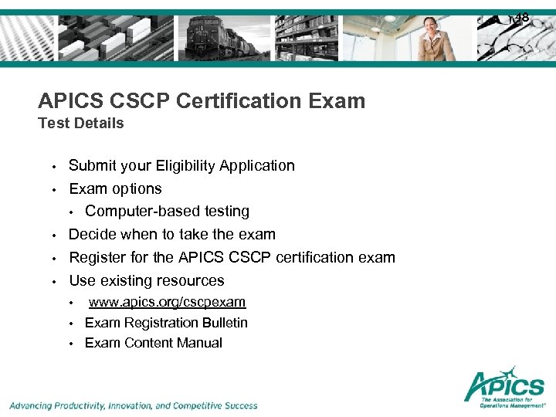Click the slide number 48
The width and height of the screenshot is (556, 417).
pos(522,17)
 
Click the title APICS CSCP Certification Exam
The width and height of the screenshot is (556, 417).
pos(202,100)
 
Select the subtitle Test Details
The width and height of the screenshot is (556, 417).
pos(81,123)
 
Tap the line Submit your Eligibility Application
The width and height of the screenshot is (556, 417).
pos(181,165)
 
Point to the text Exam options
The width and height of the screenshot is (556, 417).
pos(115,188)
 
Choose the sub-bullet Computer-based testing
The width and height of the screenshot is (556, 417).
pos(167,211)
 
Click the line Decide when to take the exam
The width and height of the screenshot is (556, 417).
pos(171,234)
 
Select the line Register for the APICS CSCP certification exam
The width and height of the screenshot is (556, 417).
pos(232,257)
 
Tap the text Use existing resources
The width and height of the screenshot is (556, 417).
pos(147,280)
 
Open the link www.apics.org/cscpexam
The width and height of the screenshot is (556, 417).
pos(167,302)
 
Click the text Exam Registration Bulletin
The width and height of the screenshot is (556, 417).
pos(166,322)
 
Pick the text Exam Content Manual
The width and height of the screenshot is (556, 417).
pos(153,343)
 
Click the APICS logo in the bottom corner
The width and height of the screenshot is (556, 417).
pos(503,385)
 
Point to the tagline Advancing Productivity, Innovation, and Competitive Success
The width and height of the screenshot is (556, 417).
pos(134,405)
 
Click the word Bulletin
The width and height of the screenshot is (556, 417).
pos(223,322)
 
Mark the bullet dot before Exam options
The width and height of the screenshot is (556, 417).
pos(54,189)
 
